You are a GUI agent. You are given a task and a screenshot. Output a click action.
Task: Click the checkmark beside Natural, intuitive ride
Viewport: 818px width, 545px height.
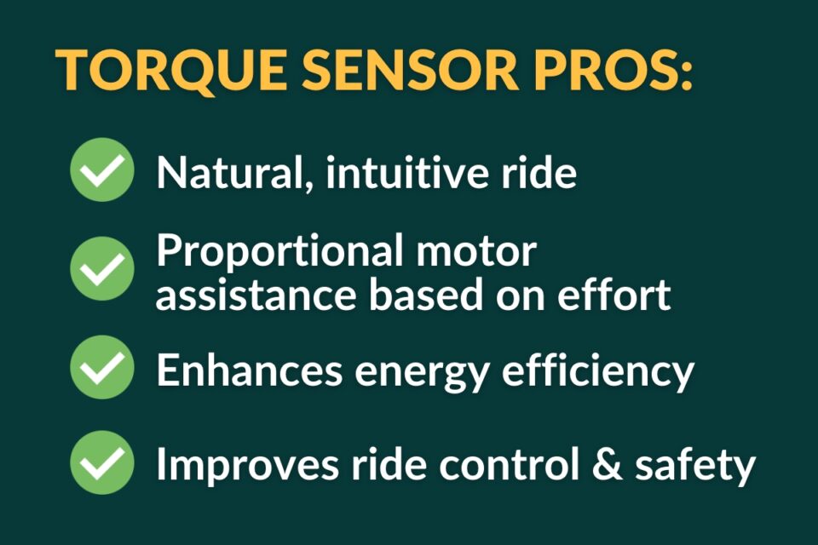coord(101,169)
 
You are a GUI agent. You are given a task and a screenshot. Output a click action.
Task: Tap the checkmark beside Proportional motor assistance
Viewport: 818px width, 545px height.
coord(101,268)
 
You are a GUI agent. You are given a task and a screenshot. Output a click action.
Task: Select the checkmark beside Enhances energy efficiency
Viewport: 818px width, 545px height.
coord(101,367)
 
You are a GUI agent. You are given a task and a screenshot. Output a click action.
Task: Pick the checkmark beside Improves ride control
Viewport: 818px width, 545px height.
coord(101,462)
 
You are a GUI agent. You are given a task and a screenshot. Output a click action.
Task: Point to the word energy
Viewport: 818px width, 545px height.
coord(422,375)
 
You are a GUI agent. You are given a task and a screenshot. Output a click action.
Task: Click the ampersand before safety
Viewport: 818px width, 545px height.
coord(608,462)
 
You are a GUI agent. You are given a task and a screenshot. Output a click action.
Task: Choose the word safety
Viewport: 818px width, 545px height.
coord(695,467)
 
